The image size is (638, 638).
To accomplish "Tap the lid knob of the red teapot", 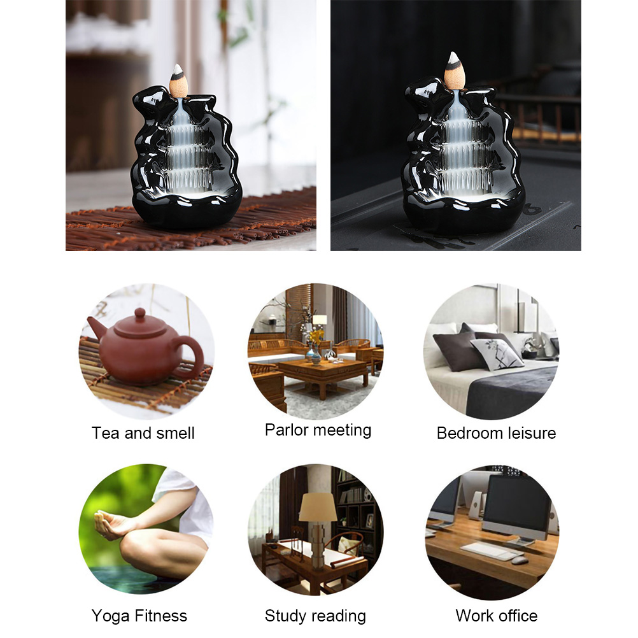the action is coord(139,314).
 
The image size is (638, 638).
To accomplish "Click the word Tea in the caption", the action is coord(106,433).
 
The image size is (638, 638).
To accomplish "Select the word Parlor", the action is coord(287,430).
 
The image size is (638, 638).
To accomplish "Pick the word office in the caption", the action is coord(517,616).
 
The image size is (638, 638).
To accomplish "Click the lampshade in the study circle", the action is coord(318,507).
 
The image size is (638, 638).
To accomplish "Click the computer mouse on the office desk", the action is coord(520,560).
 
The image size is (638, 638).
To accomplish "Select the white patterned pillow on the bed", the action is coord(497,353).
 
